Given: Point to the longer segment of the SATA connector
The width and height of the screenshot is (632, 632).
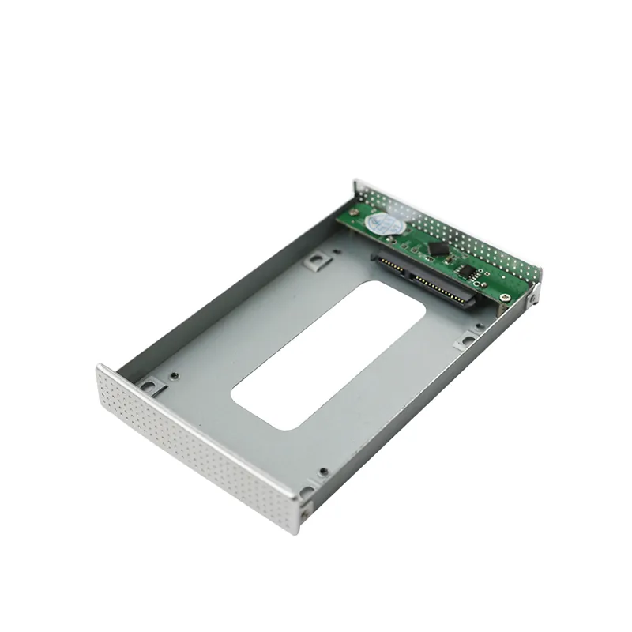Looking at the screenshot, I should click(x=442, y=290).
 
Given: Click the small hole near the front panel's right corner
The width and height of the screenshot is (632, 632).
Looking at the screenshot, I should click(x=323, y=472).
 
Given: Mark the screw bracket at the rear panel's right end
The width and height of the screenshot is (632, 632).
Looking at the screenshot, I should click(x=534, y=295).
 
